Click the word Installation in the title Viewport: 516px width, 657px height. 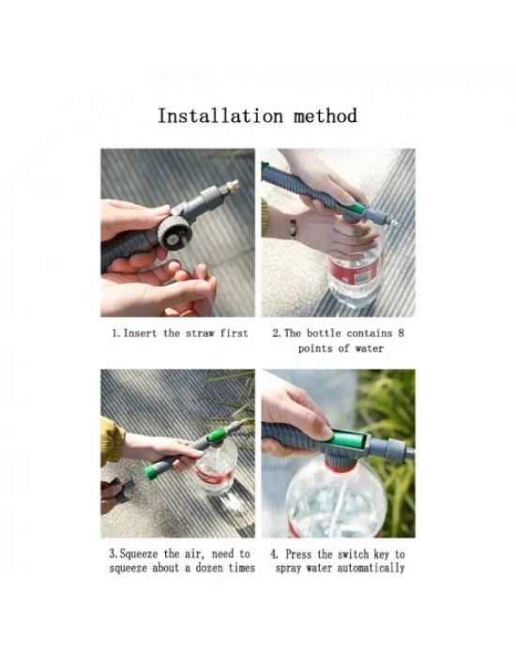click(x=220, y=115)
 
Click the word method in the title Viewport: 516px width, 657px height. click(x=325, y=115)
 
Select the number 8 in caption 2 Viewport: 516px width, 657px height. click(x=401, y=333)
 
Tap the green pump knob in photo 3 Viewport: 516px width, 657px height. click(x=149, y=472)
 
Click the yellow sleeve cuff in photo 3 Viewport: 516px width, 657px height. click(x=111, y=441)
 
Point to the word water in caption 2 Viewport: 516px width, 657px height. click(x=369, y=348)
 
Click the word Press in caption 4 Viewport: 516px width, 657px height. click(x=298, y=554)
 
